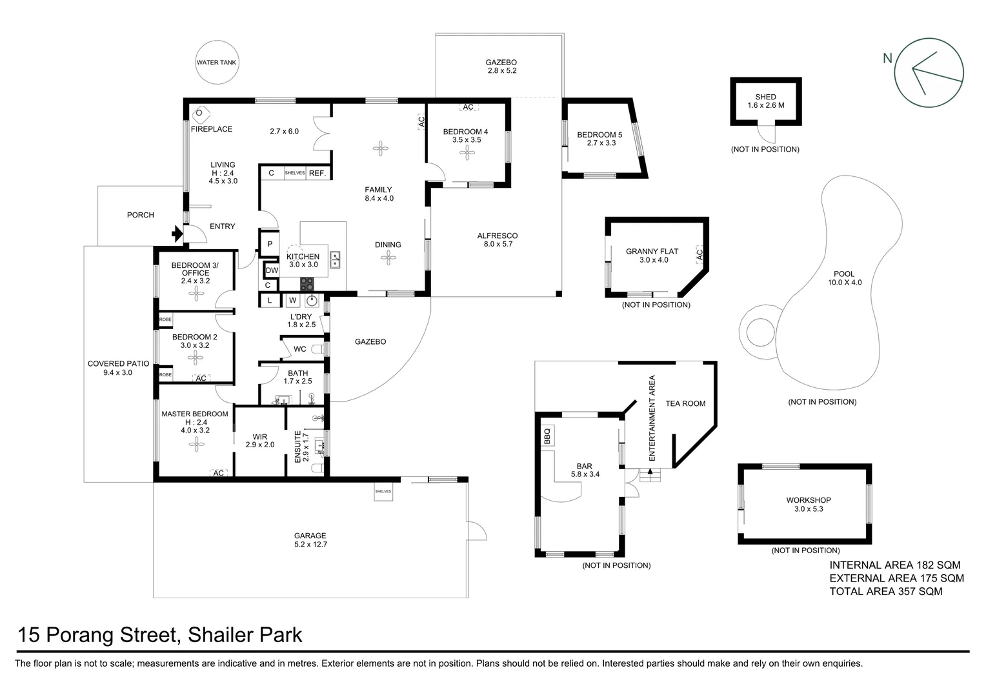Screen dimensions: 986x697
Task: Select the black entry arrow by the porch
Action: pyautogui.click(x=177, y=234)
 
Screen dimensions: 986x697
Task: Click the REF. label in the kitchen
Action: pyautogui.click(x=317, y=173)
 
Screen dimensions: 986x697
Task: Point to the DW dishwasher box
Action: pyautogui.click(x=272, y=270)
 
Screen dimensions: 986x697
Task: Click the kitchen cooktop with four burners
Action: pyautogui.click(x=307, y=284)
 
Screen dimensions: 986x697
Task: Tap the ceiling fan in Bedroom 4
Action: pyautogui.click(x=467, y=153)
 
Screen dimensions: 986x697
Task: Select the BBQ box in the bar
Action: pyautogui.click(x=547, y=436)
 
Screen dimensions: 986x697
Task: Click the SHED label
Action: pyautogui.click(x=765, y=97)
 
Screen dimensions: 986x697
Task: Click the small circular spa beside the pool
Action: pyautogui.click(x=760, y=332)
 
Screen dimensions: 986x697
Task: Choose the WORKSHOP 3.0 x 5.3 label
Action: pyautogui.click(x=809, y=505)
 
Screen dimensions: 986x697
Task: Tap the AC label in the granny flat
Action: pyautogui.click(x=699, y=254)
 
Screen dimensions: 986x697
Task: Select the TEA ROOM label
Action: pyautogui.click(x=685, y=404)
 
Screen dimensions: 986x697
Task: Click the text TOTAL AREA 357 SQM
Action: pyautogui.click(x=885, y=591)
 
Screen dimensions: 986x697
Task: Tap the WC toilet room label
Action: pyautogui.click(x=300, y=349)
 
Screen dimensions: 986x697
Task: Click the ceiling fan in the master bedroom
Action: pyautogui.click(x=196, y=445)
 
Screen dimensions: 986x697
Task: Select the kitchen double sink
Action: pyautogui.click(x=335, y=260)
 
